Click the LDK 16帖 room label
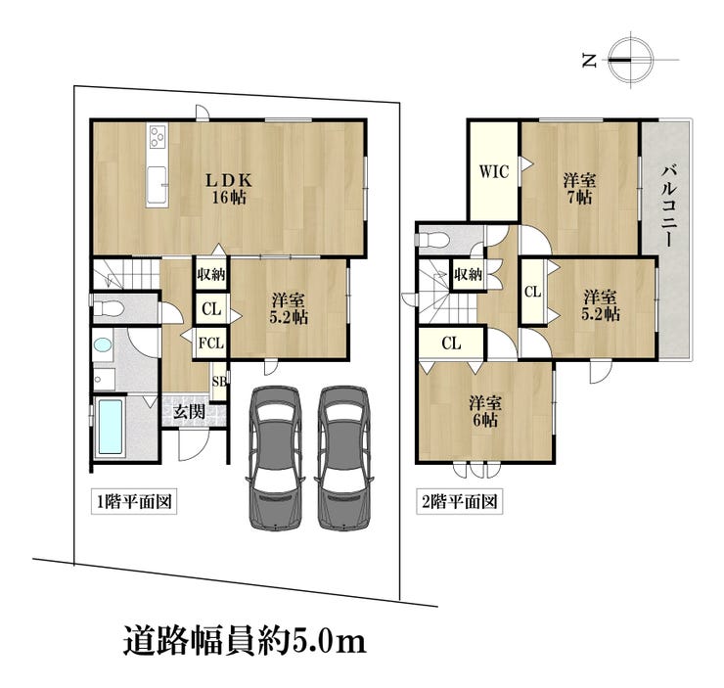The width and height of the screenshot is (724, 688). point(229,189)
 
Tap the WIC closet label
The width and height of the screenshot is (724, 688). point(494,171)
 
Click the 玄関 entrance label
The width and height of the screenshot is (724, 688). point(189,412)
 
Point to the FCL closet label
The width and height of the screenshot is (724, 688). point(211,344)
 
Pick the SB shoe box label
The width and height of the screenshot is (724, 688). point(219,382)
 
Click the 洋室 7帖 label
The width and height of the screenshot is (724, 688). point(579,189)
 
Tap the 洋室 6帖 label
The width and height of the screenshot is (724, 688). point(485,411)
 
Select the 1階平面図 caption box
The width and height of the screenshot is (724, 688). point(134,501)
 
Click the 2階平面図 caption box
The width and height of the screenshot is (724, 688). point(460,501)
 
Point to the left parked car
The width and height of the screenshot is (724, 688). point(275,457)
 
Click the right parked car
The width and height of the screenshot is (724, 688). point(344,457)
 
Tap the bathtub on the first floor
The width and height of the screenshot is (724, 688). point(111,428)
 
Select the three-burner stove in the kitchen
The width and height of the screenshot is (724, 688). point(157,136)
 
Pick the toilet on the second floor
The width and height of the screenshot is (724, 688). point(431,240)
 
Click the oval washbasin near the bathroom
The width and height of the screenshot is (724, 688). point(102,344)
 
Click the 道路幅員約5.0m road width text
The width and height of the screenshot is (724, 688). point(245,641)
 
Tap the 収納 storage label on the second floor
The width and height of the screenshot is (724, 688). point(468,275)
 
